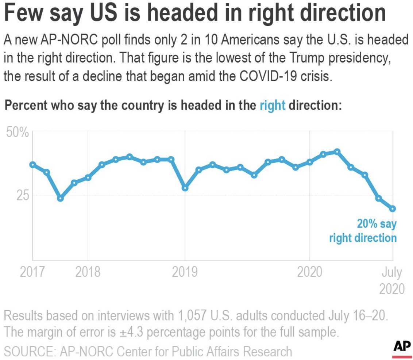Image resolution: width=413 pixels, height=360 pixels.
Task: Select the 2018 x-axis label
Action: (x=88, y=273)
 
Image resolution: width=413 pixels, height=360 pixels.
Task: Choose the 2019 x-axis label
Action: (x=185, y=273)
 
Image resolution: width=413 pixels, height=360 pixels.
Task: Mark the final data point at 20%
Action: (x=393, y=208)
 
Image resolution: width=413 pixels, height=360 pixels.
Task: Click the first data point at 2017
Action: (x=32, y=165)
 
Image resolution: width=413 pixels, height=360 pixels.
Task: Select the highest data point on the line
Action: (x=337, y=152)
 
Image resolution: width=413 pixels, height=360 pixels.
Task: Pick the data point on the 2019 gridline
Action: (x=185, y=188)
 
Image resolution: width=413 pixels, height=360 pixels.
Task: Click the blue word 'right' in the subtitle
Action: (x=272, y=106)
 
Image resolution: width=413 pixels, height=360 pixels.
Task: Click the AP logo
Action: (x=402, y=346)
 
